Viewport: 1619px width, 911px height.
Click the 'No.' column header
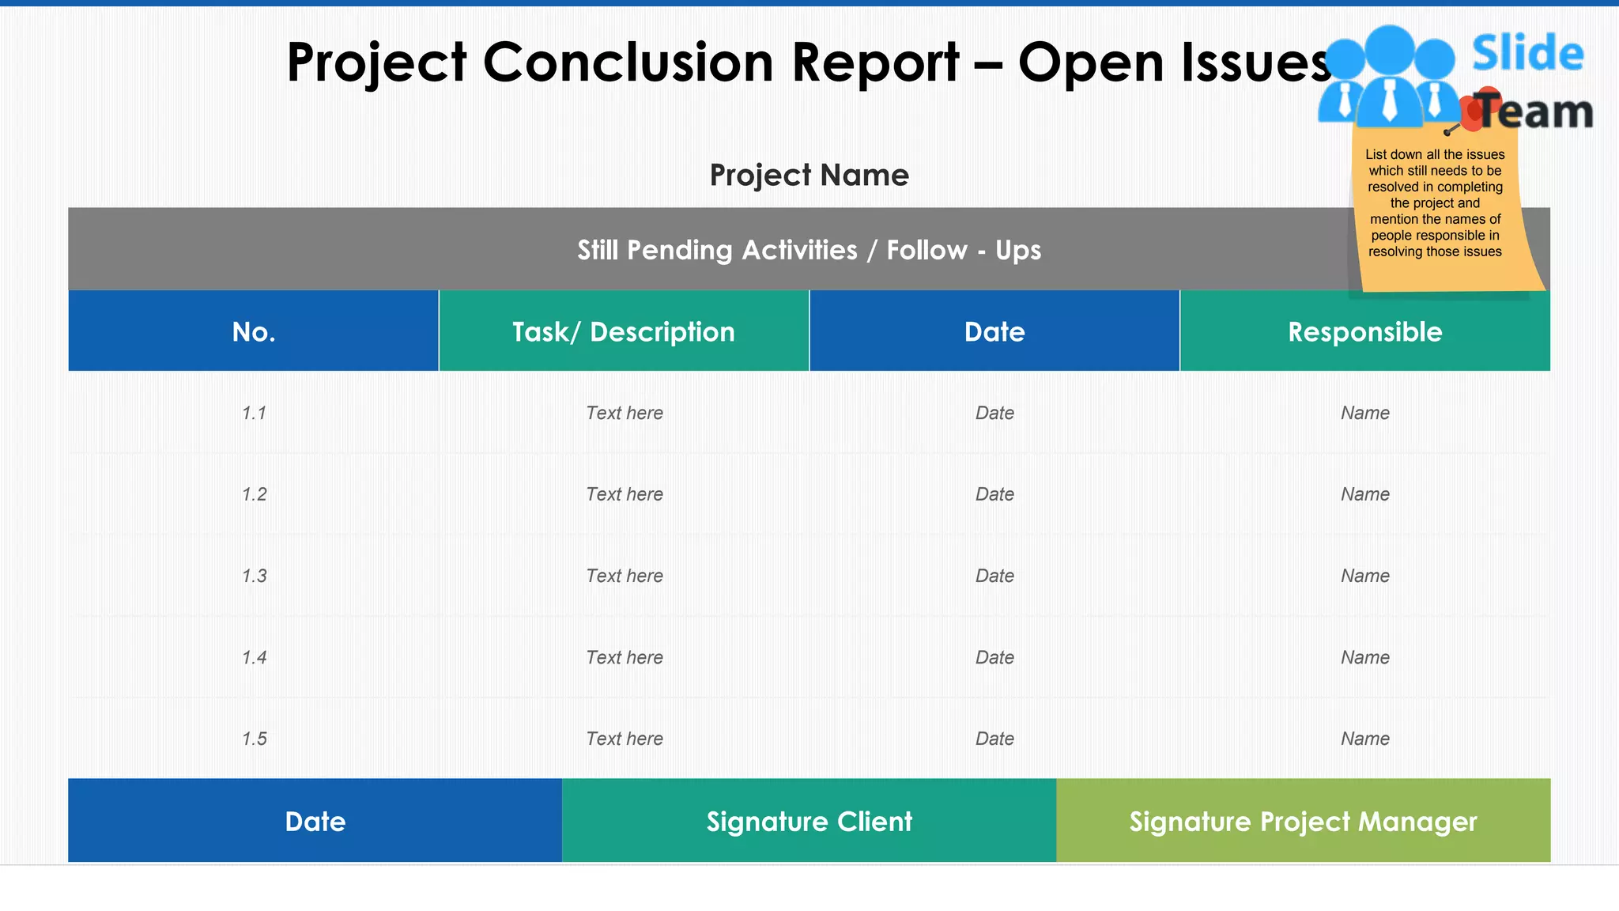click(254, 331)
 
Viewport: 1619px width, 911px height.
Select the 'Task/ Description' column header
click(624, 331)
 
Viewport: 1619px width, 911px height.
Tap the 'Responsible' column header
click(1365, 331)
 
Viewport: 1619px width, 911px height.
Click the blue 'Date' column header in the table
click(994, 331)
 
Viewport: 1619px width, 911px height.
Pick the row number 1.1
click(254, 413)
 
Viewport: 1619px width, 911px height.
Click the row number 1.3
click(254, 576)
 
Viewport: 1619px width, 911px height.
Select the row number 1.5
click(254, 739)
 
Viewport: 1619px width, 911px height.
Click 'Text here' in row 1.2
click(625, 494)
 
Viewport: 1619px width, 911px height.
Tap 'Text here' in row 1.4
click(625, 657)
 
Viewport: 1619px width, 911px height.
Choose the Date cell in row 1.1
click(994, 413)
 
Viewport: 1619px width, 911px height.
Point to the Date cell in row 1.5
click(994, 739)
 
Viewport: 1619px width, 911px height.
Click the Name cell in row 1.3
click(1365, 576)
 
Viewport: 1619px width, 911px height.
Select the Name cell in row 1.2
click(1365, 494)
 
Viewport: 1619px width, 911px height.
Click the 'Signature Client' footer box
click(809, 822)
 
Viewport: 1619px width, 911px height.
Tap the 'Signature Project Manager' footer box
click(1303, 822)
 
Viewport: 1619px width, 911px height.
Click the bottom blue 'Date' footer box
click(315, 822)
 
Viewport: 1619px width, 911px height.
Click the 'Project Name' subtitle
click(809, 175)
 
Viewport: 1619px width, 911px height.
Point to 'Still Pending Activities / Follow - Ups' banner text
click(809, 250)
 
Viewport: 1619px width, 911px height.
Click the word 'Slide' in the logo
click(1527, 54)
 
